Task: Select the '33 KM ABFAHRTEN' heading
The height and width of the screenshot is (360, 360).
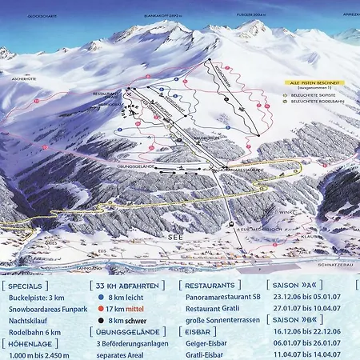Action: point(129,285)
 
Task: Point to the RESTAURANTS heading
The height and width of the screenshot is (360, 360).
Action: point(210,285)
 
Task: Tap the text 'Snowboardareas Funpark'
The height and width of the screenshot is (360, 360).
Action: point(49,310)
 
